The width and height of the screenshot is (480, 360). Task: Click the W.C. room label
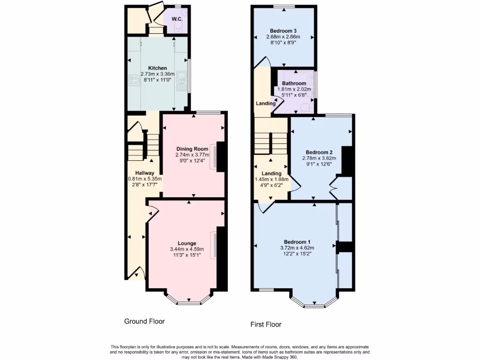(x=177, y=19)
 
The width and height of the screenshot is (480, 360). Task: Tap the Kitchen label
(x=157, y=68)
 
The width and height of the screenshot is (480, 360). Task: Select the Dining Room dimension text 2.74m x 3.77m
(x=192, y=155)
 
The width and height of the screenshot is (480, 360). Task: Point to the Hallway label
(x=145, y=173)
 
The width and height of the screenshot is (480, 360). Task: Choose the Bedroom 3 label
(x=283, y=31)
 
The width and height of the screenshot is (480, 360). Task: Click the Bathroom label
(x=294, y=83)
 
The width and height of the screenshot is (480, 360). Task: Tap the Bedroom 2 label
(x=319, y=152)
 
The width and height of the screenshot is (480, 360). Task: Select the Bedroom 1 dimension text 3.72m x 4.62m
(x=297, y=248)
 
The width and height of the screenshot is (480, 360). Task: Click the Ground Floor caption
(x=144, y=322)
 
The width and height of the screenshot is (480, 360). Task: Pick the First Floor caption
(x=266, y=324)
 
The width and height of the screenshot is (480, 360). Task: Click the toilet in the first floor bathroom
(x=307, y=109)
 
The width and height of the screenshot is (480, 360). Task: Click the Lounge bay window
(x=189, y=301)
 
